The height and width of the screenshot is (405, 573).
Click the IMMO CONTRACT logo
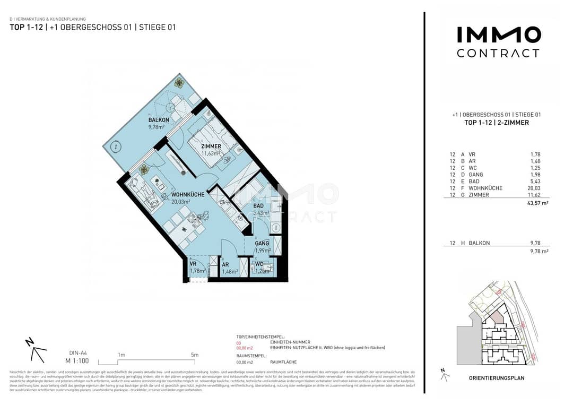tap(498, 42)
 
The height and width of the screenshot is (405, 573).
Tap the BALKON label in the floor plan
tap(159, 120)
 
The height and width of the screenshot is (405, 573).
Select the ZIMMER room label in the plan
tap(211, 147)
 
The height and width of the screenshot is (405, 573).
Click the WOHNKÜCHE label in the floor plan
tap(188, 195)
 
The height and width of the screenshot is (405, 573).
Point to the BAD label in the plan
tap(258, 206)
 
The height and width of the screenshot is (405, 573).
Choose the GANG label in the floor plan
tap(262, 244)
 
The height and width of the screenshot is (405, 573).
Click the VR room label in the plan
tap(194, 264)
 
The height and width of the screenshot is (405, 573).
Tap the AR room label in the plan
tap(225, 264)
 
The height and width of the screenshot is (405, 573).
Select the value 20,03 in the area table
tap(533, 188)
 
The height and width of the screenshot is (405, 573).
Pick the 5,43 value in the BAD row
tap(535, 182)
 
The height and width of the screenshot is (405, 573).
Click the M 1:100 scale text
tap(77, 360)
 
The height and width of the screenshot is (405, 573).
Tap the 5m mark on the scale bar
tap(194, 355)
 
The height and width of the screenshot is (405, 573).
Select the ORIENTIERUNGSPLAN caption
tap(497, 378)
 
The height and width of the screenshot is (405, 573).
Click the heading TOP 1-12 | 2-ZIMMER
tap(496, 123)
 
